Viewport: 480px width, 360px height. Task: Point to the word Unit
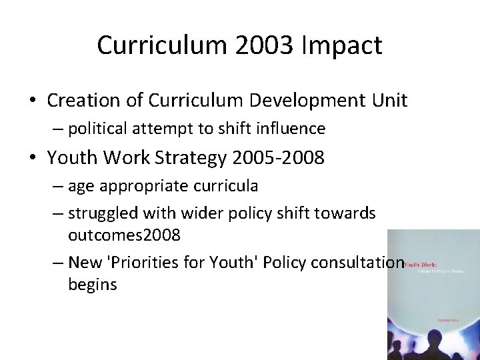pyautogui.click(x=389, y=101)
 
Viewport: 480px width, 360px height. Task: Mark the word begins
pyautogui.click(x=93, y=285)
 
